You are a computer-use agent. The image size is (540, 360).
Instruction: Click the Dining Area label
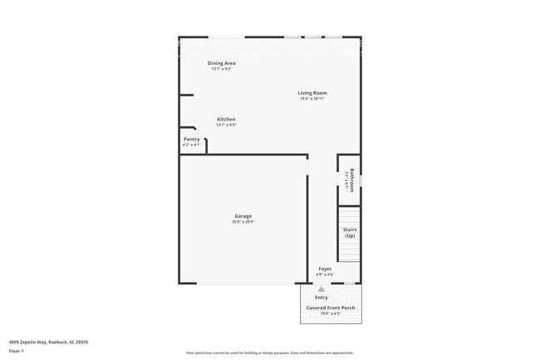[x=222, y=63]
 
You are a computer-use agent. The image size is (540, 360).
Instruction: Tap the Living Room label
[x=313, y=92]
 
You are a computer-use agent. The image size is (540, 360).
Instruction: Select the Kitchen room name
[x=226, y=119]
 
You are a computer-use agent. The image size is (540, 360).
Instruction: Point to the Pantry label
[x=191, y=139]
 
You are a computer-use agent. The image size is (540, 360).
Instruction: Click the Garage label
[x=243, y=216]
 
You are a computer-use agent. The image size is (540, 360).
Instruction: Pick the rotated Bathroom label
[x=352, y=180]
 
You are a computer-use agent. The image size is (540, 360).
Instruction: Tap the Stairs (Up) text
[x=350, y=232]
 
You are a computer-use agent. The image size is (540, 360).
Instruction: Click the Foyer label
[x=325, y=269]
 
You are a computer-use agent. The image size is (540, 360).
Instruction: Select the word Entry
[x=321, y=297]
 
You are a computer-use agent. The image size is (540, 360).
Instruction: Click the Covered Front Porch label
[x=331, y=308]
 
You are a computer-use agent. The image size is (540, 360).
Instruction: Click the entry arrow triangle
[x=321, y=288]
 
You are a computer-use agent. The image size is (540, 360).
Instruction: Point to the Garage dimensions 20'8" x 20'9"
[x=243, y=222]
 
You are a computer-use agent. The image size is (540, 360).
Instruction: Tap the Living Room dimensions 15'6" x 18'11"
[x=313, y=98]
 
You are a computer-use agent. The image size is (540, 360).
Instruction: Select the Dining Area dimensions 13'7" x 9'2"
[x=222, y=69]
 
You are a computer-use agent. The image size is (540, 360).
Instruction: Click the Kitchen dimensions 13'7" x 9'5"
[x=226, y=125]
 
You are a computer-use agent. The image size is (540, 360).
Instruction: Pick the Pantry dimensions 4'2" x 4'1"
[x=191, y=145]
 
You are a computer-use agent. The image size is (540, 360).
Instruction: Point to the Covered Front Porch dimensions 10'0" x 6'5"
[x=331, y=313]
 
